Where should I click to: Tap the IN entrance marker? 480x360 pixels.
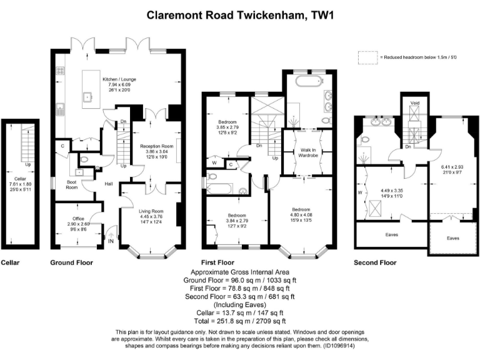111,240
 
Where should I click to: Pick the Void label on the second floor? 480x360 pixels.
414,102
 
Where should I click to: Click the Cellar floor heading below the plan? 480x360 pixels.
10,263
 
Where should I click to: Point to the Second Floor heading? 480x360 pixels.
375,263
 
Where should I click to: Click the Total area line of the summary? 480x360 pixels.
239,319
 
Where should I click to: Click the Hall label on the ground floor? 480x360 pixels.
108,183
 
